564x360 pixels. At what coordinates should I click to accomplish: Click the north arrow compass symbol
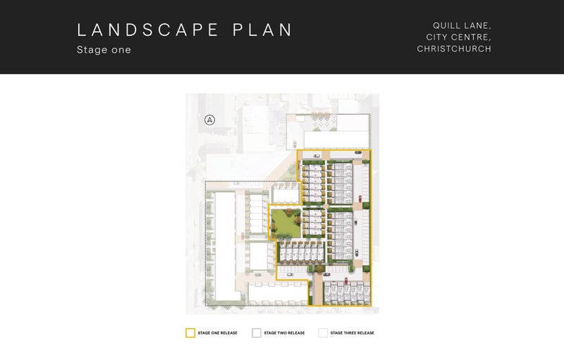pos(209,120)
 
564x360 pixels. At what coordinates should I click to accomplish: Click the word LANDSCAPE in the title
pos(148,30)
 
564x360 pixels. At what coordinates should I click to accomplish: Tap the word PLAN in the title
pos(262,30)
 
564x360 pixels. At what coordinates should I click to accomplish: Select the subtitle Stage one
pos(104,49)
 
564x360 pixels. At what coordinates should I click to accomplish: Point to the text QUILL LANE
pos(462,26)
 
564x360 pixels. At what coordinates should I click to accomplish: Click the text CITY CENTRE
pos(459,37)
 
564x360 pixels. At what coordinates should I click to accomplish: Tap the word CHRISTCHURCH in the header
pos(454,49)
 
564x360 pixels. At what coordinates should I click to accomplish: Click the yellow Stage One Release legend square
pos(190,333)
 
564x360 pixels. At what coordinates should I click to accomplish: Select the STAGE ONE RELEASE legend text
pos(218,333)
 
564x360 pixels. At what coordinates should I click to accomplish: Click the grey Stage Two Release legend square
pos(257,333)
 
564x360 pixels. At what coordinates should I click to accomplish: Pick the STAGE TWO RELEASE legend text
pos(284,333)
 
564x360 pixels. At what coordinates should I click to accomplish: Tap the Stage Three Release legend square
pos(323,333)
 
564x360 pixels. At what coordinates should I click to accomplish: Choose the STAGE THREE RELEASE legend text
pos(352,333)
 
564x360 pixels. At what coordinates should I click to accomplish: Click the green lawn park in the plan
pos(286,223)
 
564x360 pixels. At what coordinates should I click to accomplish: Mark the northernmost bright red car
pos(360,199)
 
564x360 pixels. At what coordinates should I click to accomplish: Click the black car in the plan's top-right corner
pos(358,152)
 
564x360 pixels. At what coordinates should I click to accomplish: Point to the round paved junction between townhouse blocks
pos(326,206)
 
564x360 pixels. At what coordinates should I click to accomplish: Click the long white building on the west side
pos(226,246)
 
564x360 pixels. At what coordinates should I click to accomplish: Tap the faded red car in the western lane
pos(243,236)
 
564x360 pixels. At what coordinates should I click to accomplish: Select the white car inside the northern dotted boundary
pos(295,144)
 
